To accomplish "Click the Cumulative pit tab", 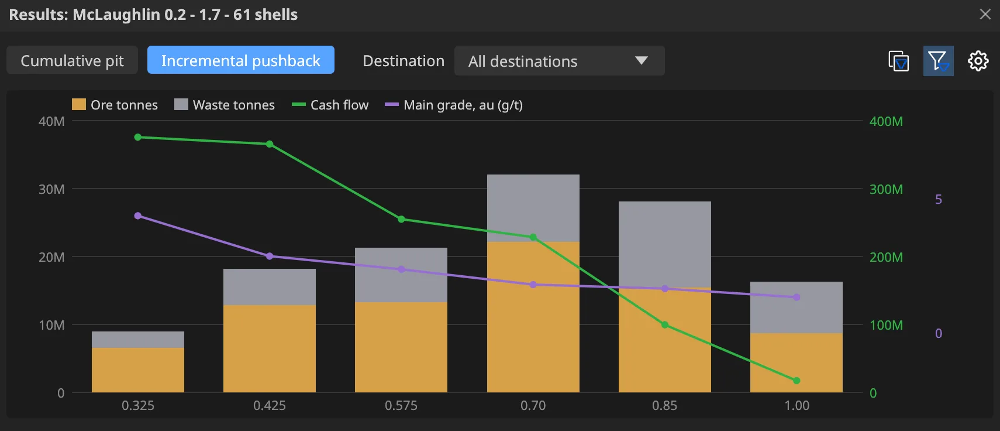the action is (72, 60).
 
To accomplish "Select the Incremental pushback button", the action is (240, 60).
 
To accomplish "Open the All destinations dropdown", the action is (560, 61).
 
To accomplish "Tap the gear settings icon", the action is (978, 61).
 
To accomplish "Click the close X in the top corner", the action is (985, 14).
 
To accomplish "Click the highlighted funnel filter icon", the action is (939, 61).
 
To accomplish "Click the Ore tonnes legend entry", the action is (115, 105).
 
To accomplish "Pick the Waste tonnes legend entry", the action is (224, 105).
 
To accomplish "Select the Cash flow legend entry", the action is (330, 105).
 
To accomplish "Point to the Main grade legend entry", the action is (454, 105).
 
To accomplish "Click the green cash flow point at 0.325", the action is (138, 137).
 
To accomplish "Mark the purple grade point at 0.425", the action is (270, 256).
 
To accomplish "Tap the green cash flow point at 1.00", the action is (797, 381).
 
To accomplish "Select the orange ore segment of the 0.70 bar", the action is (533, 317).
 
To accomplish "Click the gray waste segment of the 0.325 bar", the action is (138, 340).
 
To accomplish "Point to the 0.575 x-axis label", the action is (401, 405).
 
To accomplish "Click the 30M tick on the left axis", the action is (51, 189).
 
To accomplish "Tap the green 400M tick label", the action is (886, 121).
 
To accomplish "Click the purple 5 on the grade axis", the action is (939, 200).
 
